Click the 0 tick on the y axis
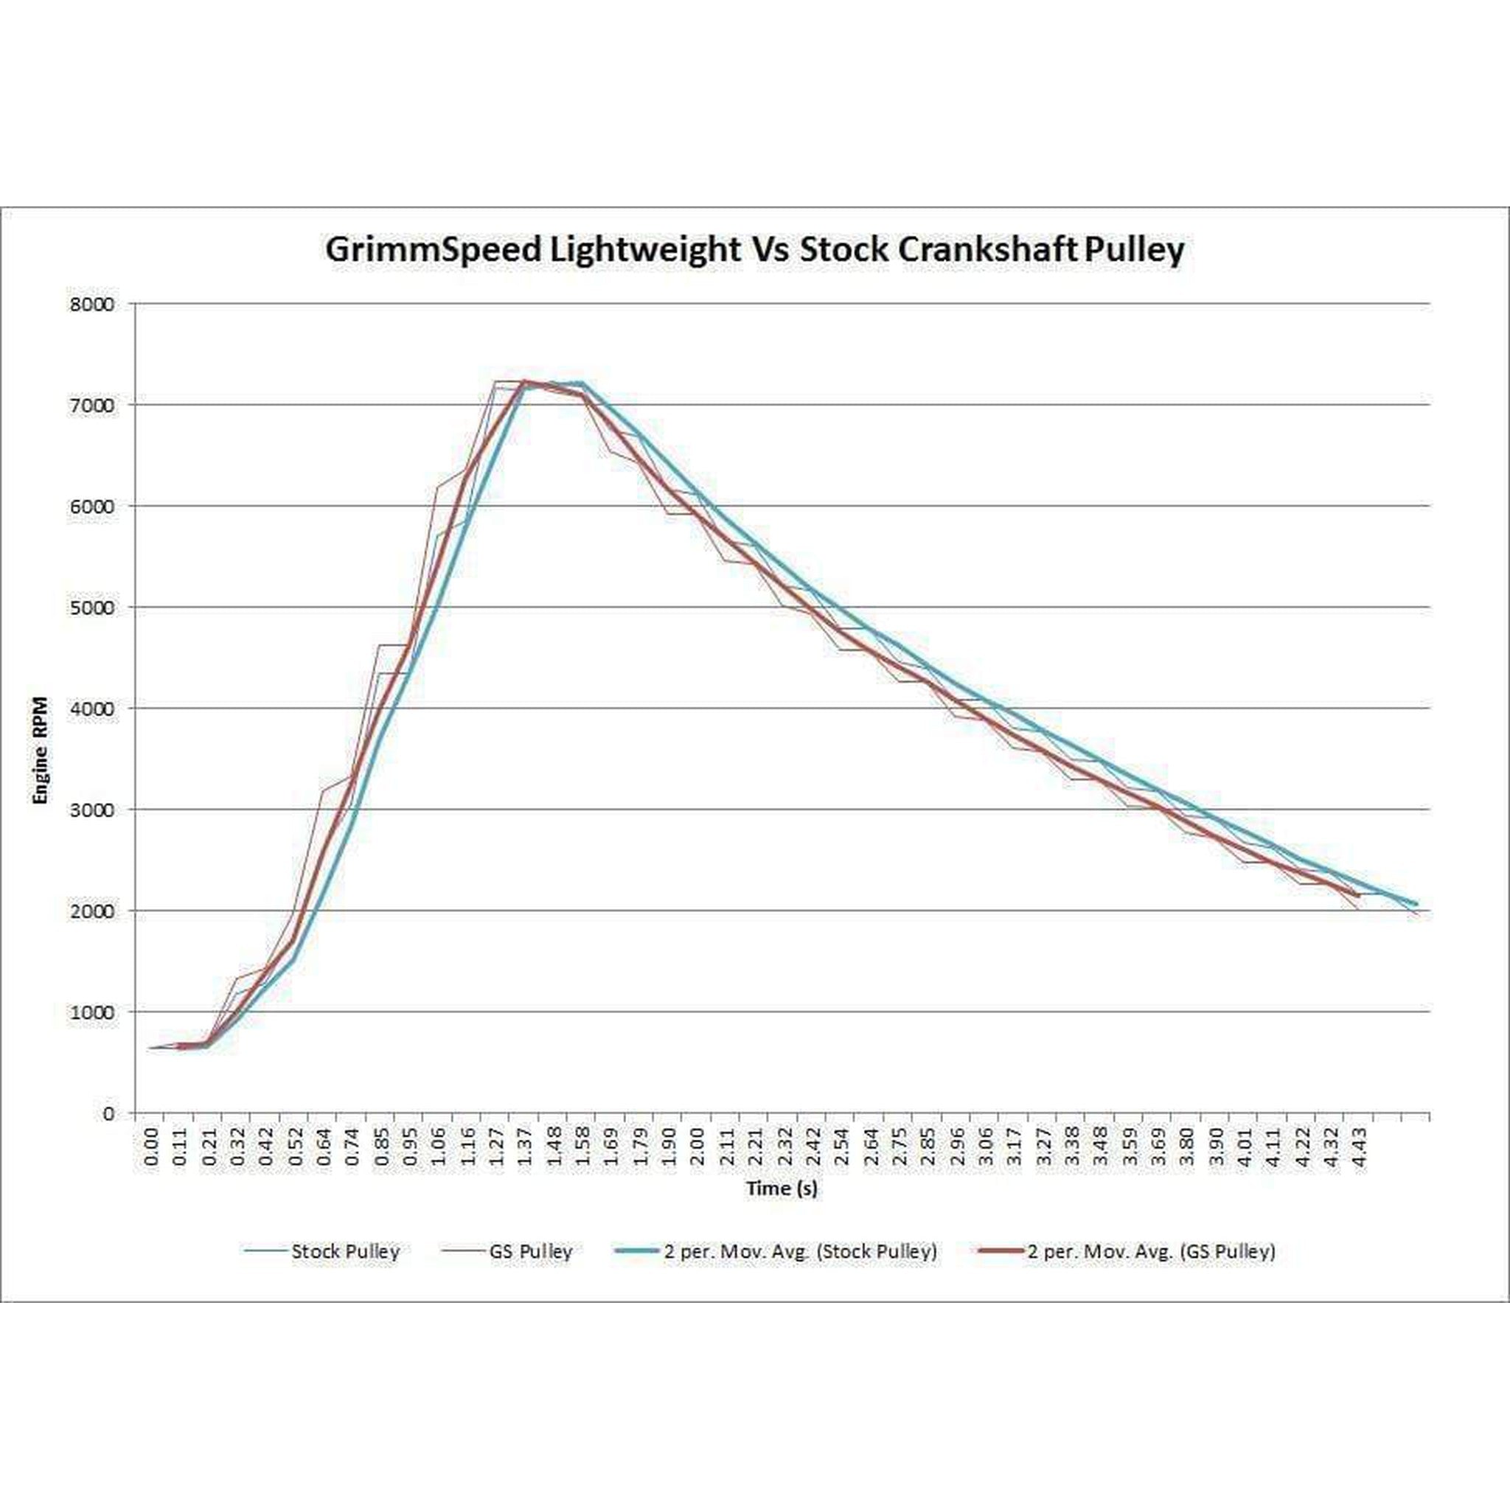point(108,1113)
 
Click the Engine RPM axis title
point(40,751)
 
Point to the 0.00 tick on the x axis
point(152,1146)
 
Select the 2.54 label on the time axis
point(841,1146)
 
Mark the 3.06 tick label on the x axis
point(985,1146)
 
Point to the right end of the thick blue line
point(1416,904)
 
